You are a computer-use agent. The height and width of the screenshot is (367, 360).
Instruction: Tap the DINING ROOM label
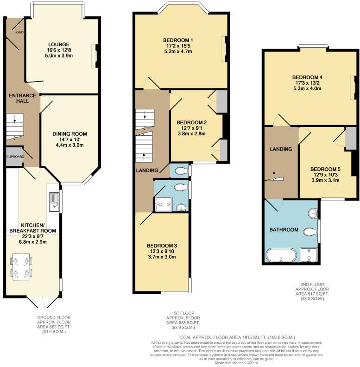[69, 134]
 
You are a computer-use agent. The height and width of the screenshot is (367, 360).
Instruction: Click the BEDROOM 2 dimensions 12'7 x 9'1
[192, 128]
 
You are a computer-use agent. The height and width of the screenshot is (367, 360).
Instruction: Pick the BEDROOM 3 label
[162, 246]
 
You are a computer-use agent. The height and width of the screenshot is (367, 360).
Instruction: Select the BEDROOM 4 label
[307, 77]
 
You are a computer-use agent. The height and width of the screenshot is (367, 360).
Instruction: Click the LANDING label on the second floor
[281, 149]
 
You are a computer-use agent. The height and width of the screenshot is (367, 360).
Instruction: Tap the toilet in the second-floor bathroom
[310, 231]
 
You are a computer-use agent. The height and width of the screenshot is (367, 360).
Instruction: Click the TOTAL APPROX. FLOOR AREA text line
[236, 337]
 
